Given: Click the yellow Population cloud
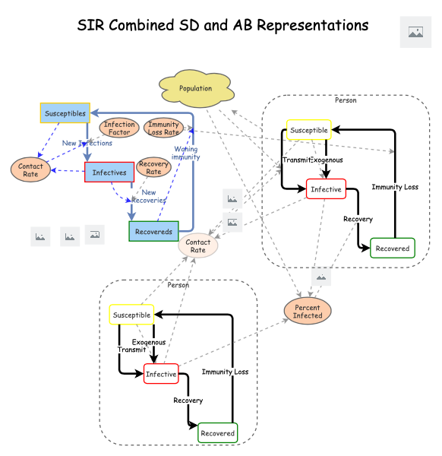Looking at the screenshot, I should (195, 88).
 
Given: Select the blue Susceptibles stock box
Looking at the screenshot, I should (65, 113).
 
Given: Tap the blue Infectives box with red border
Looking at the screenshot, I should (109, 173).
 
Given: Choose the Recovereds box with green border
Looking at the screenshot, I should (153, 231).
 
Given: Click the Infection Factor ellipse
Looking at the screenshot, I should (119, 128).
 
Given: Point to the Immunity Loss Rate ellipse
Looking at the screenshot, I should (163, 128).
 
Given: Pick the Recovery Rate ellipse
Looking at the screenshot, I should (153, 167).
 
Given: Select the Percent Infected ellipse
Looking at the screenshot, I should (308, 311).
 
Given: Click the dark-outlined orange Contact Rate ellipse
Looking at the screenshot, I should (30, 169).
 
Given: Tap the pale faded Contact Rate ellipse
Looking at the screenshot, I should (197, 245).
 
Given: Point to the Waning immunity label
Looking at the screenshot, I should (185, 153).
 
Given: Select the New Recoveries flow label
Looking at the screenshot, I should (149, 196).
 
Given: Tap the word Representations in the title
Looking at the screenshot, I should (312, 25).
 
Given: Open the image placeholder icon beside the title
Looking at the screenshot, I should (415, 32).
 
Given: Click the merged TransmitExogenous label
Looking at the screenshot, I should (312, 160).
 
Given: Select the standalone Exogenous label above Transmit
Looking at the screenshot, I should (149, 342).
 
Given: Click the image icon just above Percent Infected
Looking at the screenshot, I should (321, 277).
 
